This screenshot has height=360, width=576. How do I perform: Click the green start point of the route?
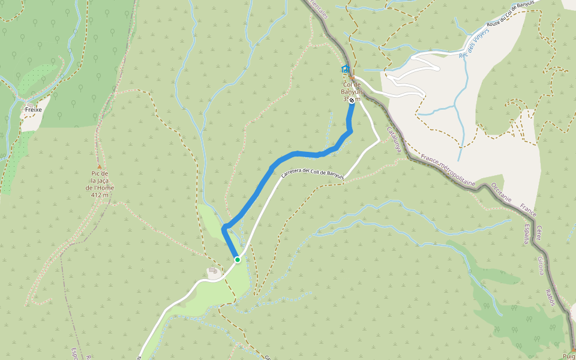click(238, 259)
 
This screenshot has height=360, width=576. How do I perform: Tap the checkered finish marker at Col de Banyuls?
click(352, 100)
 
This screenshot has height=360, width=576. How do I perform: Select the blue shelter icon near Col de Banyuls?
click(346, 70)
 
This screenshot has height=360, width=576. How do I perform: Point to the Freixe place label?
click(33, 110)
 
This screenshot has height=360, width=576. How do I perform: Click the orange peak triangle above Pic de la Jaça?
click(100, 167)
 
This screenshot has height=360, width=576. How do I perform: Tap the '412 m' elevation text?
click(100, 194)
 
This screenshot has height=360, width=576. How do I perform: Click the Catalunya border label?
click(394, 139)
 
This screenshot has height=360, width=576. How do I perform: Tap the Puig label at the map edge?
click(569, 355)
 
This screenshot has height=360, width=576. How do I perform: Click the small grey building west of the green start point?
click(213, 272)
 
